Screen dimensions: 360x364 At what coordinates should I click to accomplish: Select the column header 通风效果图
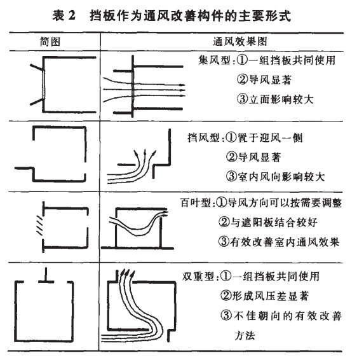pyautogui.click(x=226, y=40)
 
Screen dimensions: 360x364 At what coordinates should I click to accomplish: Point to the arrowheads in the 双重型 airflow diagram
pyautogui.click(x=126, y=275)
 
